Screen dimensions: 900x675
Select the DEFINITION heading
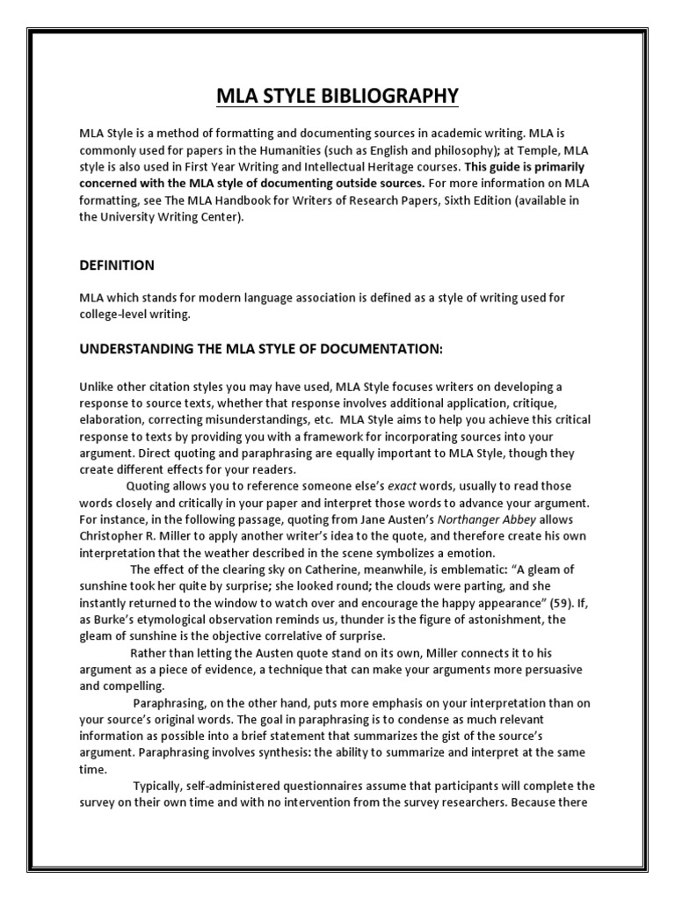click(x=117, y=265)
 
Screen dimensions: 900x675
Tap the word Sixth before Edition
click(x=473, y=200)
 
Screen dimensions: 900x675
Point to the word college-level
click(x=115, y=315)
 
